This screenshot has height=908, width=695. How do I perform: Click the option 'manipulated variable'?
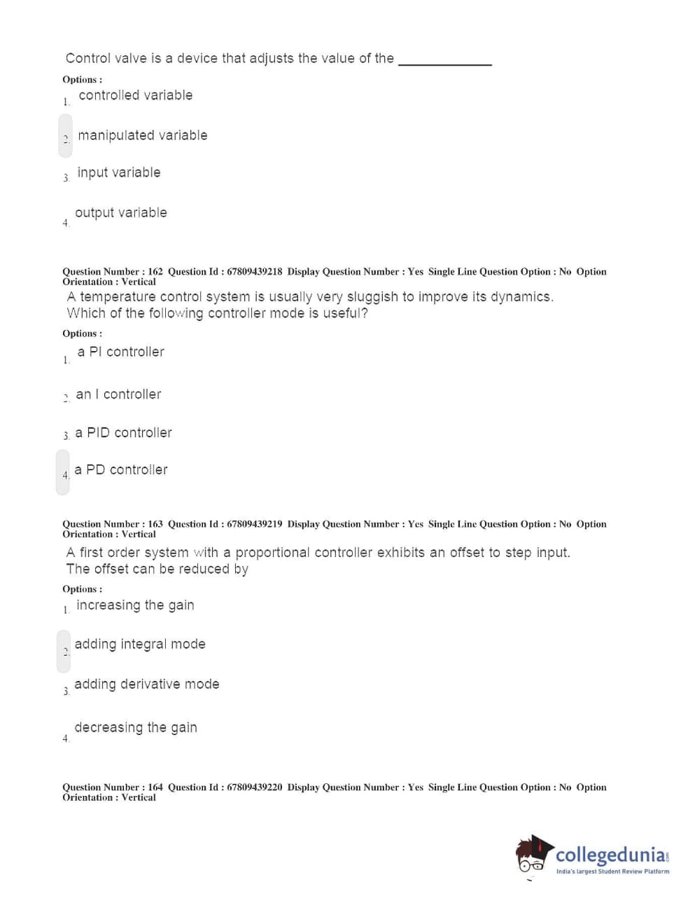coord(142,135)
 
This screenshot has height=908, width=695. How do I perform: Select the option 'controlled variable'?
coord(135,95)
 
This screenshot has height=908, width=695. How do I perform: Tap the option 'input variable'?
coord(118,172)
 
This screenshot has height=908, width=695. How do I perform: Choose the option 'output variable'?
coord(120,212)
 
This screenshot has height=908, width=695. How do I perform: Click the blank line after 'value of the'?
coord(444,61)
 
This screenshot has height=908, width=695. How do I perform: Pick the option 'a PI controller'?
coord(120,352)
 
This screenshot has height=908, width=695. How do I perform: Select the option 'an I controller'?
coord(118,394)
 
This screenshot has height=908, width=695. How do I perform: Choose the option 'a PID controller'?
coord(123,433)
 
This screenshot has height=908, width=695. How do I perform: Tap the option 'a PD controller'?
coord(121,470)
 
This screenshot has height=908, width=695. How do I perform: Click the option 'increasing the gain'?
coord(135,605)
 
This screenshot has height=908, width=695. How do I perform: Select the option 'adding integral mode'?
coord(140,645)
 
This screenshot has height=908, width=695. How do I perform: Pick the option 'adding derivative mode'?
coord(146,685)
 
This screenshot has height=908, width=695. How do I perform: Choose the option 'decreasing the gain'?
coord(136,728)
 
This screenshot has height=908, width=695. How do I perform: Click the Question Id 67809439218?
coord(254,272)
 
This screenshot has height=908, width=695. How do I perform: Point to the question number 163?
coord(155,524)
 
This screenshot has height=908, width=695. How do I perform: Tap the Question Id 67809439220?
coord(254,787)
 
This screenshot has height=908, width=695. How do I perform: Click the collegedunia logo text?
coord(610,855)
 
